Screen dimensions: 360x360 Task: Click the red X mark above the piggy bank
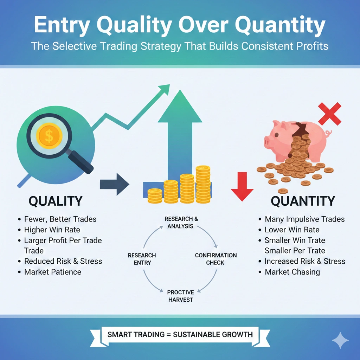tap(329, 114)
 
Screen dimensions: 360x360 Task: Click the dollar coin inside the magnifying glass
tap(49, 135)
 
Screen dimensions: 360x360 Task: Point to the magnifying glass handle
tap(81, 161)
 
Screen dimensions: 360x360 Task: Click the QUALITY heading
tap(56, 201)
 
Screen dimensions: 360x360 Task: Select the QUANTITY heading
tap(303, 201)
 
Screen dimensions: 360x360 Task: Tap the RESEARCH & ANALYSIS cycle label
tap(181, 223)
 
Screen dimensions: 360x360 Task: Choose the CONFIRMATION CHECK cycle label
tap(216, 259)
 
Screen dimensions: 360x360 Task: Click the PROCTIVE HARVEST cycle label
tap(181, 296)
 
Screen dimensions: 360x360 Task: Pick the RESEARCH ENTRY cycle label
tap(142, 259)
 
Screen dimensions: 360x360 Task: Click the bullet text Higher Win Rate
tap(52, 230)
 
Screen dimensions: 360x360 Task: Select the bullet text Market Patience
tap(53, 272)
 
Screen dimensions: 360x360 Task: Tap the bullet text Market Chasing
tap(292, 272)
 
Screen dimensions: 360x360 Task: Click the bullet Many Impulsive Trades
tap(305, 219)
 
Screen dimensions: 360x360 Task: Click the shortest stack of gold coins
tap(155, 196)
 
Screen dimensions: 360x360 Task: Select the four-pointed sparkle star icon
tap(340, 340)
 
